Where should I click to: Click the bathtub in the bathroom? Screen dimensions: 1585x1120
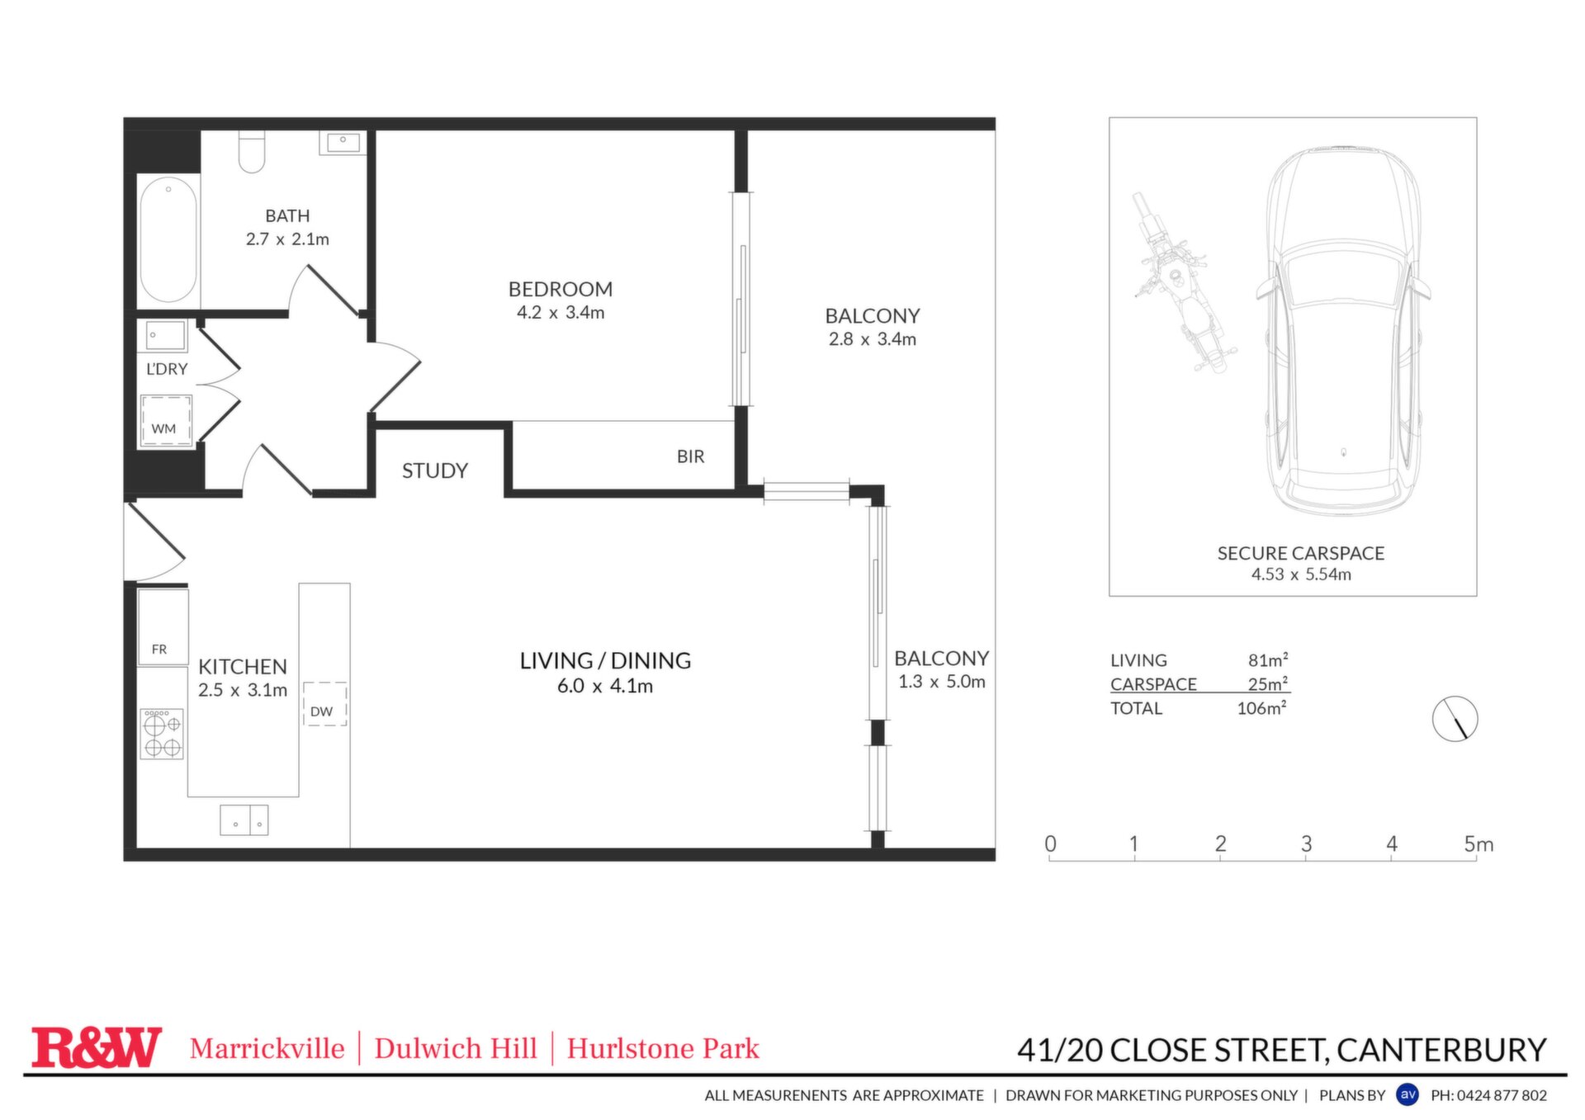click(168, 239)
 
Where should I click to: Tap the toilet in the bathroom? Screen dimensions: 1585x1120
click(252, 152)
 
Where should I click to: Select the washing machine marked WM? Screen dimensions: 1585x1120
click(166, 420)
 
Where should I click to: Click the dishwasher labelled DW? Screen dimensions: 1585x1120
click(324, 704)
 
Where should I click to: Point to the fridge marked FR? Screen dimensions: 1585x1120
click(163, 628)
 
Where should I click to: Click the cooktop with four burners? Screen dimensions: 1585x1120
click(162, 734)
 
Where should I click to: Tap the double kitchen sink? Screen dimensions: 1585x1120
click(244, 820)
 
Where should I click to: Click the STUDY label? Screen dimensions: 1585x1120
click(435, 470)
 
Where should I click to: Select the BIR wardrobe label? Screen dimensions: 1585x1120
click(691, 456)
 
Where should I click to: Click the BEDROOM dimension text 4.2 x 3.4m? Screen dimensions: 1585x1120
click(561, 313)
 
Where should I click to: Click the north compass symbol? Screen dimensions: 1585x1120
click(1455, 718)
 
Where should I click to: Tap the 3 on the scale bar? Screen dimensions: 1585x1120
click(1306, 844)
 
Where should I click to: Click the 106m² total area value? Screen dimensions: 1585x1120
click(1261, 708)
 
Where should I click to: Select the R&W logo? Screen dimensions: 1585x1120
click(96, 1047)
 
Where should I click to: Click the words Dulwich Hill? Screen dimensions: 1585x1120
click(456, 1048)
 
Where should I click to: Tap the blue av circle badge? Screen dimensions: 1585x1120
click(1408, 1094)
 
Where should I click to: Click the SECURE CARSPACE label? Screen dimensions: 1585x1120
click(1301, 553)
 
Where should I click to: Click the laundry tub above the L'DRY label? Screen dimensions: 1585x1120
click(166, 336)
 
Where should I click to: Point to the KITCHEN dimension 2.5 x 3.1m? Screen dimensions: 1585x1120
click(243, 690)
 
